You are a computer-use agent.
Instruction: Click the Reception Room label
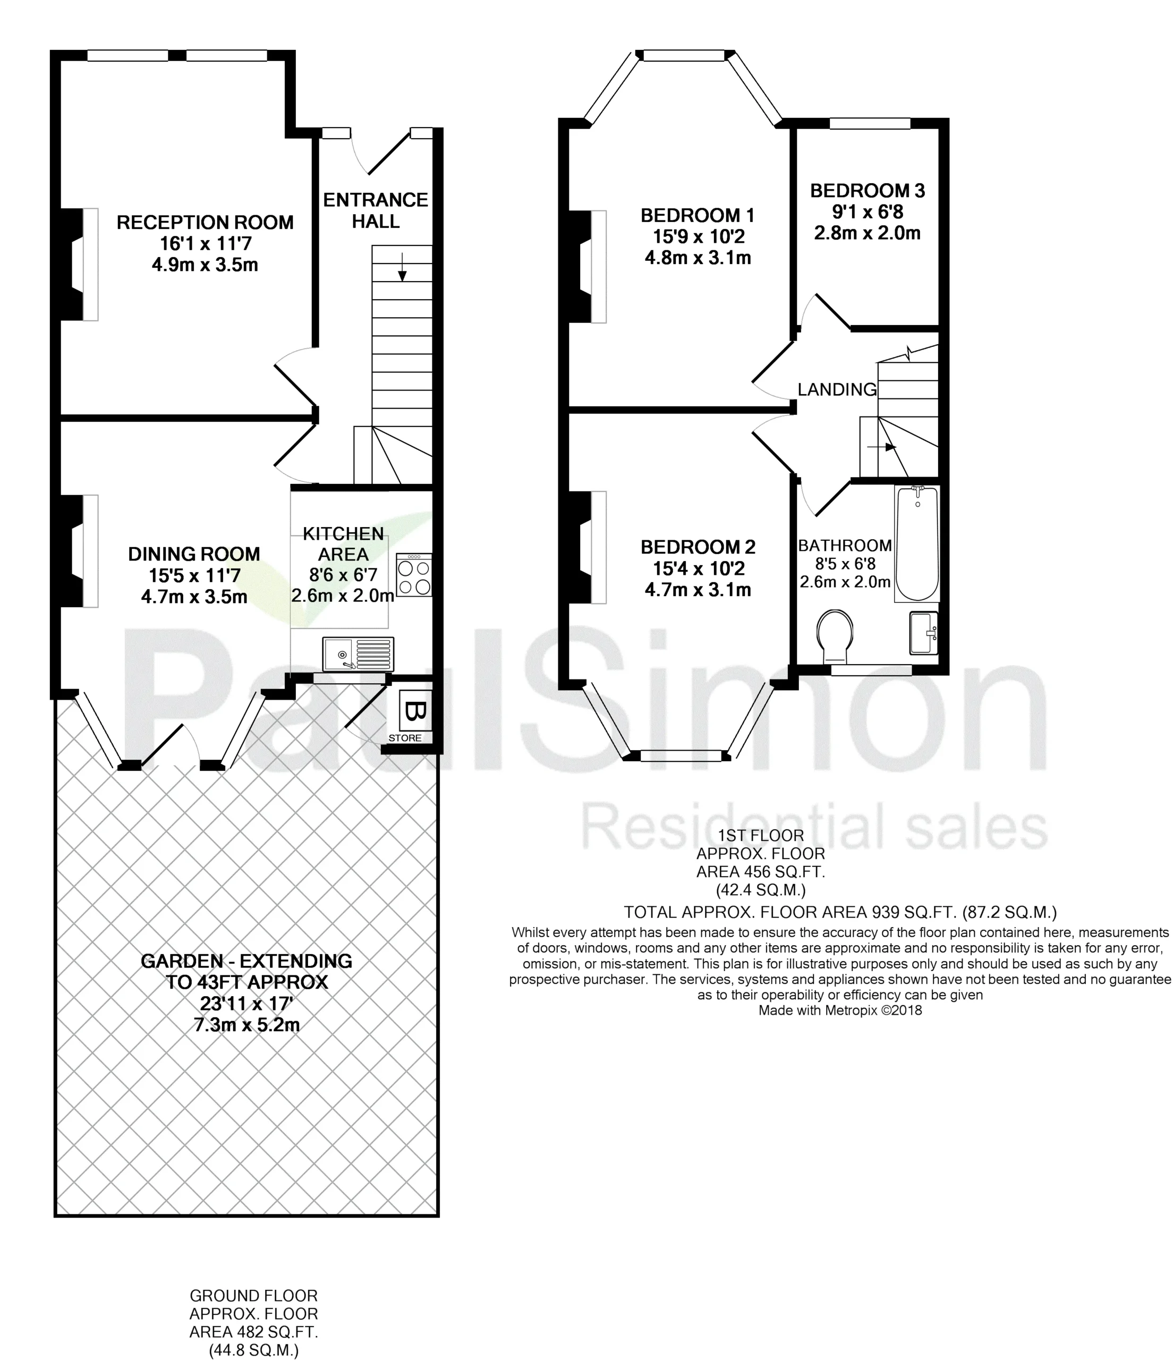pyautogui.click(x=205, y=223)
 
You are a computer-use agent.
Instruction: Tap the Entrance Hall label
pyautogui.click(x=376, y=210)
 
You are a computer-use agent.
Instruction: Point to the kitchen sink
pyautogui.click(x=358, y=654)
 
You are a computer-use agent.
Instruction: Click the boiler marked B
pyautogui.click(x=415, y=711)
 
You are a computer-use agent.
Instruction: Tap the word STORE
pyautogui.click(x=405, y=738)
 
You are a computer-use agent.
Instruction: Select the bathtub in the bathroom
pyautogui.click(x=917, y=543)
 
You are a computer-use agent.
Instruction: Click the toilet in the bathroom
pyautogui.click(x=835, y=635)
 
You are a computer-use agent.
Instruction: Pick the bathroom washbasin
pyautogui.click(x=923, y=633)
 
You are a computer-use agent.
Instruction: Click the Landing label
pyautogui.click(x=837, y=389)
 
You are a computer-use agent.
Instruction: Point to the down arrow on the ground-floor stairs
pyautogui.click(x=402, y=267)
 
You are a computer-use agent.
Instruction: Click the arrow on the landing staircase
pyautogui.click(x=881, y=447)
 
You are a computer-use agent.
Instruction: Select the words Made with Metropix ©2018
pyautogui.click(x=840, y=1010)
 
